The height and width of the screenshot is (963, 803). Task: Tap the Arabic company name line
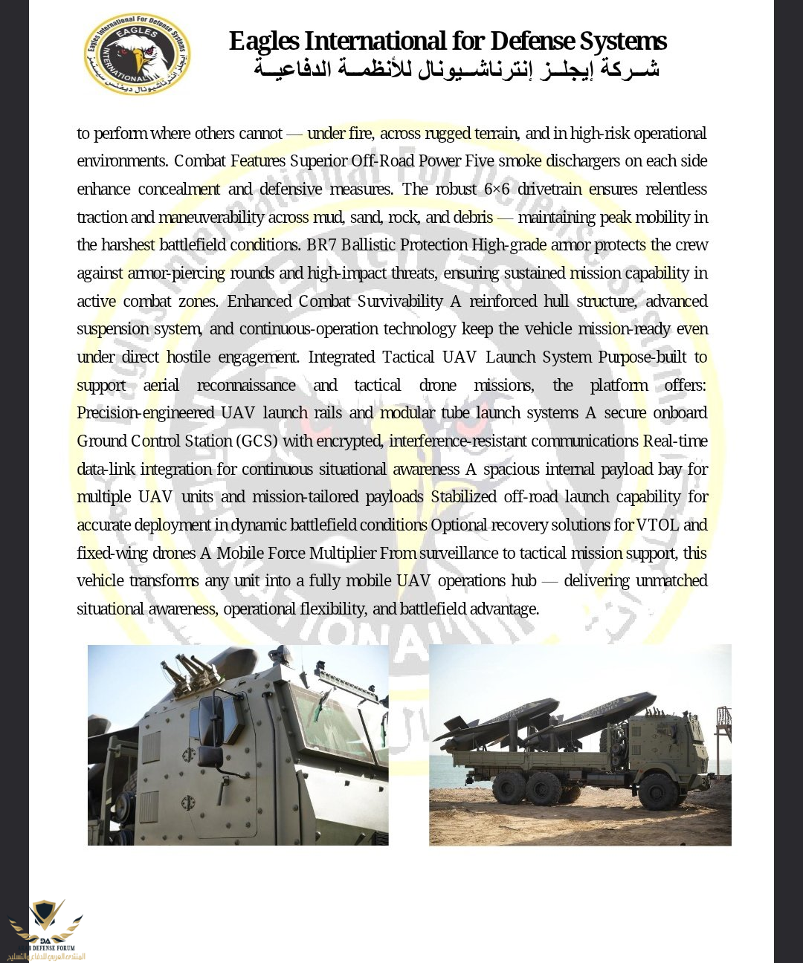[456, 70]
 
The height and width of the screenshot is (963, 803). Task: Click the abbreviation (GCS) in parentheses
[257, 441]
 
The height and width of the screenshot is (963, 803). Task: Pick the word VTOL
[657, 525]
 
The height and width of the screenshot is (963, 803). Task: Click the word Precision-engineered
[144, 413]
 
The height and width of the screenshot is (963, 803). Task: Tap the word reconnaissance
[246, 386]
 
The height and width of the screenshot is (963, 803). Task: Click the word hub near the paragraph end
[523, 581]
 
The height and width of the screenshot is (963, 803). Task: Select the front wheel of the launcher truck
[657, 791]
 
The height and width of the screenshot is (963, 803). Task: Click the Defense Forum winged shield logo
[46, 922]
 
